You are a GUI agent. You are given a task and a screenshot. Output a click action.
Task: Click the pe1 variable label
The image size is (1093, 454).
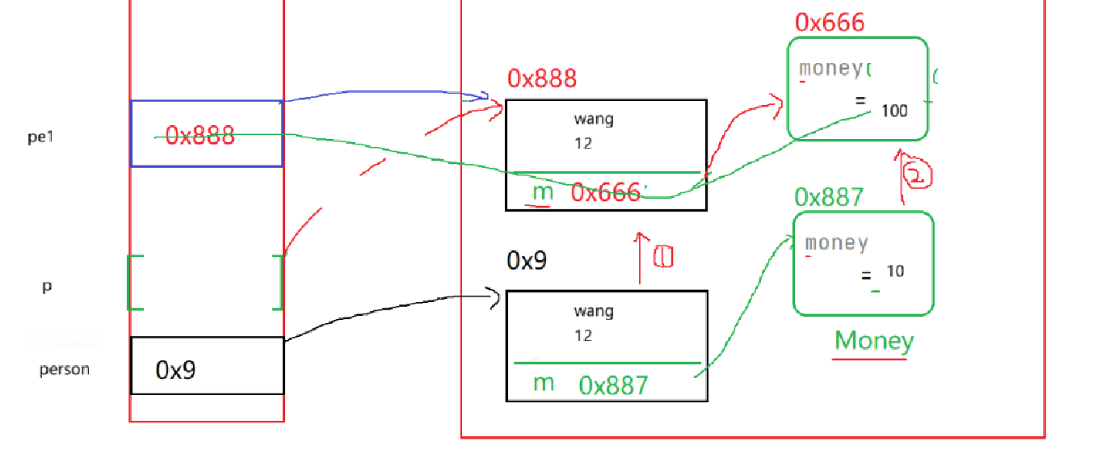pos(40,137)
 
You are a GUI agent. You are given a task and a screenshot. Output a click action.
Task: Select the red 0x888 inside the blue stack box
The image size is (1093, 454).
pos(200,135)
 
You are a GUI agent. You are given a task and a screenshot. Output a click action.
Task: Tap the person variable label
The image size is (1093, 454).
pos(65,370)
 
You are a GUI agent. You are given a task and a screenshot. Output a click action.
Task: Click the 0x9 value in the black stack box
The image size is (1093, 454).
pos(176,370)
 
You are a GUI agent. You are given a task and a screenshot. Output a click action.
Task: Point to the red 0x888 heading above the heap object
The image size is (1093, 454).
pos(542,78)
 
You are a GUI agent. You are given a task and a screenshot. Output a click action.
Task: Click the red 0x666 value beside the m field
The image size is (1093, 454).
pos(606,192)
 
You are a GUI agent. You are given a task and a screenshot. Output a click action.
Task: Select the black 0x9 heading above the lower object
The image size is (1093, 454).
pos(527,260)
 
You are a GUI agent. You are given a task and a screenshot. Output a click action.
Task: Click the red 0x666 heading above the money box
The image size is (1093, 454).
pos(830,22)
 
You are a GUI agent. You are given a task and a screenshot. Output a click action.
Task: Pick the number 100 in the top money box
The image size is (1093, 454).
pos(894,111)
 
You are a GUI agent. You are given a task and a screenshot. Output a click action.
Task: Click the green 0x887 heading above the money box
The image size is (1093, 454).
pos(829,197)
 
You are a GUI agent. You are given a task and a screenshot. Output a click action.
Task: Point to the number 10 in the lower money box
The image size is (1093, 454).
pos(895,271)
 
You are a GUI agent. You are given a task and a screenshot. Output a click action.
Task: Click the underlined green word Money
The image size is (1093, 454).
pos(873,341)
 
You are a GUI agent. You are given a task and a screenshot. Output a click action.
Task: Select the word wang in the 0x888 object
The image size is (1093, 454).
pos(594,120)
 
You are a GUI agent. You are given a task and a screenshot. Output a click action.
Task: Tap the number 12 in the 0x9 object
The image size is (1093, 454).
pos(583,335)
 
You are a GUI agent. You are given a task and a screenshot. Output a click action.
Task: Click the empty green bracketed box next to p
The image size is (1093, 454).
pos(206,282)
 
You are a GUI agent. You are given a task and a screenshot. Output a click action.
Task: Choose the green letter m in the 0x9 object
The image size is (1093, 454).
pos(544,383)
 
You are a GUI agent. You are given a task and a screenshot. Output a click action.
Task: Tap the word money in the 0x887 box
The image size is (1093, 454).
pos(836,242)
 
